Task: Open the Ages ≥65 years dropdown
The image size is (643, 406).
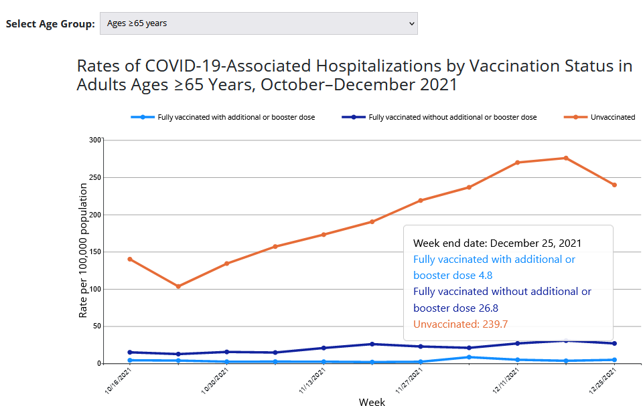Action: (x=259, y=23)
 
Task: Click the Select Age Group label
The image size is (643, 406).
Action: (x=50, y=24)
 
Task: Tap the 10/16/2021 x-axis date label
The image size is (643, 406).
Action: (x=119, y=383)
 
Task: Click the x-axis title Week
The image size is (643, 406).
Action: (x=372, y=401)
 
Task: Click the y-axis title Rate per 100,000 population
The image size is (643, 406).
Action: (x=83, y=251)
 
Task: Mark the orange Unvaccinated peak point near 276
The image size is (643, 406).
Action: (x=566, y=158)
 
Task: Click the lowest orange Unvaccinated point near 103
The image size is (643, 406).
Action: (x=178, y=286)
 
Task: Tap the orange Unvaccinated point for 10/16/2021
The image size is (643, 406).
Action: (x=130, y=259)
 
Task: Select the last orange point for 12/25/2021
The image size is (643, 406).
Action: (x=614, y=185)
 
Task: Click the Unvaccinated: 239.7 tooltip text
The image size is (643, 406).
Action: (x=460, y=324)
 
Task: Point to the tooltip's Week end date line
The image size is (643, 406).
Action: (x=497, y=243)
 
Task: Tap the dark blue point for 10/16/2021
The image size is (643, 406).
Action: (x=130, y=352)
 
